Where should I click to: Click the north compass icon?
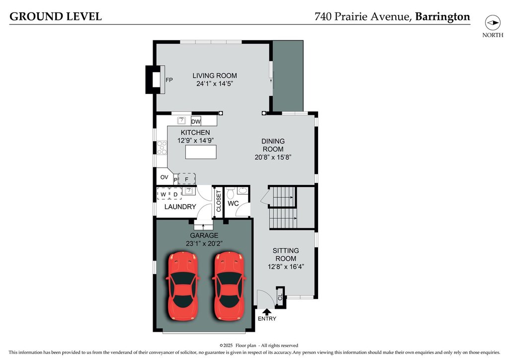(493, 23)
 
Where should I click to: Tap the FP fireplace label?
(169, 80)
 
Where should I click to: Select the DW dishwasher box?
(196, 121)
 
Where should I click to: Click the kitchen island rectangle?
(201, 152)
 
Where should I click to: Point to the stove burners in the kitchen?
(162, 148)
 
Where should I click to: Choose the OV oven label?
(164, 177)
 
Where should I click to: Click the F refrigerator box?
(187, 179)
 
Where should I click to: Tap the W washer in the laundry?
(163, 194)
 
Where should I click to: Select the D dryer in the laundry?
(175, 194)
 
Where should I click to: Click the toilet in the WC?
(231, 194)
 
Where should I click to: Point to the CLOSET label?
(219, 201)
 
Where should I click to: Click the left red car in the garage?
(182, 285)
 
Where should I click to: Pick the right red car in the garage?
(229, 285)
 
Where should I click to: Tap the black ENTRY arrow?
(267, 312)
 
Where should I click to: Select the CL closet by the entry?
(280, 297)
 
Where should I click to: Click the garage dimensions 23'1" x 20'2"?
(204, 244)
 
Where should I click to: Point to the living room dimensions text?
(215, 84)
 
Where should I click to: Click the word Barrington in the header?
(442, 17)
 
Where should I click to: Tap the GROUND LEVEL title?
(56, 16)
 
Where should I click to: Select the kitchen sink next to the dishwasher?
(181, 121)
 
